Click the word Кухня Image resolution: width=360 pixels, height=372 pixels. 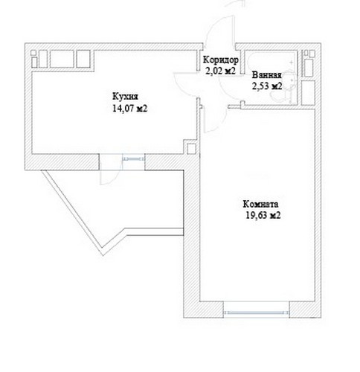click(125, 97)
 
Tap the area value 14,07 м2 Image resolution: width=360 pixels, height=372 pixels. click(130, 109)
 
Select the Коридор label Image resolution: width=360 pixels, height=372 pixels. click(221, 60)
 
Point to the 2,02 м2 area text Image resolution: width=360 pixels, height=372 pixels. click(220, 71)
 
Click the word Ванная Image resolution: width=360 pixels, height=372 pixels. click(266, 75)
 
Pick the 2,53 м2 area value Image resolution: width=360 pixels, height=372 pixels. click(267, 86)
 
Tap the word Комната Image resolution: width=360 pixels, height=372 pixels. click(260, 204)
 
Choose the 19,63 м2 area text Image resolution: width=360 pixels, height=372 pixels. click(263, 215)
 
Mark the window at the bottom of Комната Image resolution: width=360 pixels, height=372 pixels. click(257, 312)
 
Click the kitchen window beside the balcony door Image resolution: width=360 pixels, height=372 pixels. click(133, 158)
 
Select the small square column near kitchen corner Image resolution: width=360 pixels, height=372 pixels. click(191, 149)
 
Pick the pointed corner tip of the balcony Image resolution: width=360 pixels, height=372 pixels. click(103, 255)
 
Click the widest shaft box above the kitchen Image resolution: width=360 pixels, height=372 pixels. click(62, 59)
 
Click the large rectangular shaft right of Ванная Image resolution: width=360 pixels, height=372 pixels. click(309, 92)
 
